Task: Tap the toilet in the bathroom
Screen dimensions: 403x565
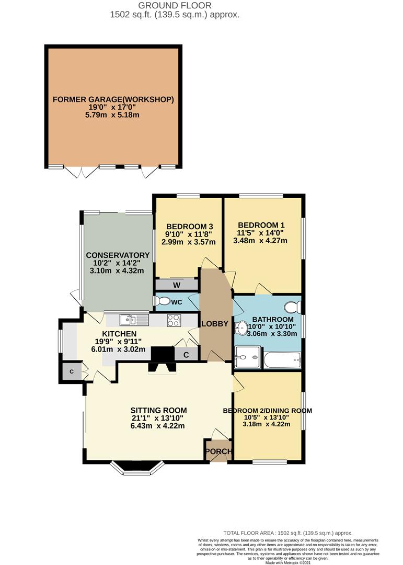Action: (x=292, y=307)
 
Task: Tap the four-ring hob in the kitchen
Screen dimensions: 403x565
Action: (x=174, y=320)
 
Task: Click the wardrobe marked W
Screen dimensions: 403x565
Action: (x=177, y=285)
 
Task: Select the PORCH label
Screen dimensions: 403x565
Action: (x=218, y=451)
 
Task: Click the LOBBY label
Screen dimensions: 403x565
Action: (x=215, y=324)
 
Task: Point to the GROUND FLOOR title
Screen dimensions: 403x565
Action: (x=175, y=5)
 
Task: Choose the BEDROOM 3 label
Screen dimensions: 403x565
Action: (x=189, y=227)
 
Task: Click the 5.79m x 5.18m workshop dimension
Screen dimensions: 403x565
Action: (x=112, y=115)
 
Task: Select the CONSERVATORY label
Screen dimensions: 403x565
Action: (x=118, y=255)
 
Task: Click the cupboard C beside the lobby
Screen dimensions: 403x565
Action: (x=186, y=355)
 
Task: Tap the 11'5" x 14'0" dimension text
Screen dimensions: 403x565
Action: (x=260, y=233)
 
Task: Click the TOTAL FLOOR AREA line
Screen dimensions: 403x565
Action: (x=288, y=533)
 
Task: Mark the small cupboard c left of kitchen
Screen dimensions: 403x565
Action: (x=72, y=371)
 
